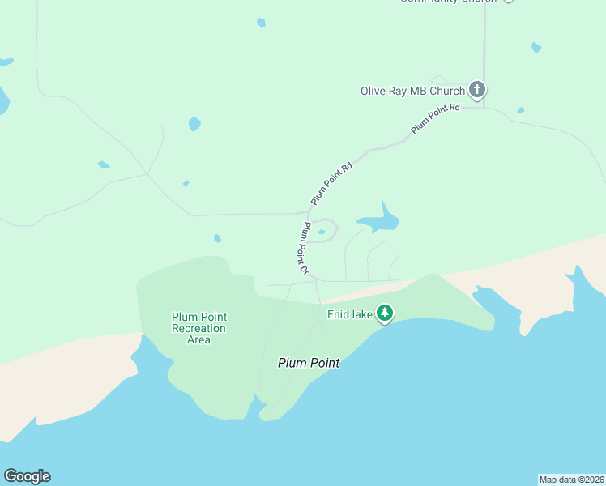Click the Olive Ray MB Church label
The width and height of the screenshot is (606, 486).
coord(412,91)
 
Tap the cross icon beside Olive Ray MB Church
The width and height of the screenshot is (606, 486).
coord(477,89)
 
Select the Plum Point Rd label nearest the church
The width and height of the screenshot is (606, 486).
coord(435,118)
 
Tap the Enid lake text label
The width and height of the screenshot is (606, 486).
coord(348,313)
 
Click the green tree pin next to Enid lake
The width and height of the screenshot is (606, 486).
coord(385,313)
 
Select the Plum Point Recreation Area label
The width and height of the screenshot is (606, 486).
coord(198,328)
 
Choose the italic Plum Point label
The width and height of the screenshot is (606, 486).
coord(309,363)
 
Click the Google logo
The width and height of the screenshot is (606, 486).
coord(27,476)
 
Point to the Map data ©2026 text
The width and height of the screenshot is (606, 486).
coord(571,480)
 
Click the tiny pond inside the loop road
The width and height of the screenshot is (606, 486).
coord(322,232)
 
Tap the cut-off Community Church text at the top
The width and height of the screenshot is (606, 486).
coord(448,1)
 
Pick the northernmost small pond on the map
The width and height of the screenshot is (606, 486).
coord(261,23)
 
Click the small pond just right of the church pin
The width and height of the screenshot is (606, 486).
coord(520,110)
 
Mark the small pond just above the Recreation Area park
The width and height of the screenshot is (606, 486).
coord(217,238)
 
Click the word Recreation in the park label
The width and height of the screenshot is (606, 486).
coord(198,328)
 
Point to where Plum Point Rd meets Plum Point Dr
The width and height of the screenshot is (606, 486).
coord(309,212)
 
